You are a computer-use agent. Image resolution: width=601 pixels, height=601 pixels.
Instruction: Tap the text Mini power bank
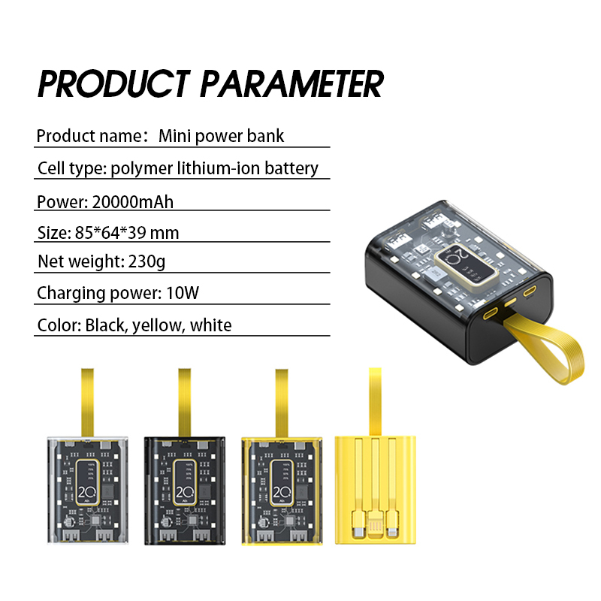221,136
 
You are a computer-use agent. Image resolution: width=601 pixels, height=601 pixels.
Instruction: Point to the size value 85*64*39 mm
127,232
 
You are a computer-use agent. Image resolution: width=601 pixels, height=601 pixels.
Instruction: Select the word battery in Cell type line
291,168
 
